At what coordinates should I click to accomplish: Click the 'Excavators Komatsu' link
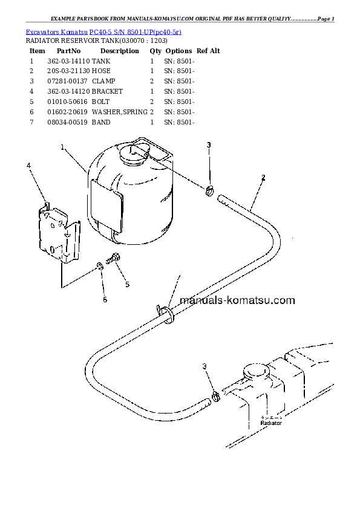tap(56, 32)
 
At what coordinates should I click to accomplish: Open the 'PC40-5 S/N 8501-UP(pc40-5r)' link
tap(135, 32)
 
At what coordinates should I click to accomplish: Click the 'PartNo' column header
tap(68, 51)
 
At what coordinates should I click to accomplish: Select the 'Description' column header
tap(120, 51)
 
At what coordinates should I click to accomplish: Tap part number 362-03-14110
tap(68, 61)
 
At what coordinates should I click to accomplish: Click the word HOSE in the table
tap(101, 71)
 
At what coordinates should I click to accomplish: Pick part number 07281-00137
tap(67, 81)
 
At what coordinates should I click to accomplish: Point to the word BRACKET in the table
tap(107, 91)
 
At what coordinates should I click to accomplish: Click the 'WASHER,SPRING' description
tap(120, 112)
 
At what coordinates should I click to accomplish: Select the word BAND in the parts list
tap(101, 122)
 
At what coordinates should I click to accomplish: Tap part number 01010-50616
tap(67, 102)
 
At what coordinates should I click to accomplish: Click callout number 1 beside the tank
tap(62, 148)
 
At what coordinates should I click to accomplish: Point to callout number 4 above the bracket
tap(28, 166)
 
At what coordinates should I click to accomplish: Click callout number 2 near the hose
tap(263, 178)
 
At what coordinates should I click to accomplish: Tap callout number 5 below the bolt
tap(128, 285)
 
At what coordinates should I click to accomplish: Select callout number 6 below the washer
tap(105, 299)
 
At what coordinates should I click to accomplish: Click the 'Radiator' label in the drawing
tap(271, 423)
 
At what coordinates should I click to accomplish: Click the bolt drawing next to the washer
tap(113, 258)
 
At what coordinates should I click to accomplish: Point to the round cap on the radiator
tap(256, 371)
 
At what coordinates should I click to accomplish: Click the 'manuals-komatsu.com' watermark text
tap(237, 300)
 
